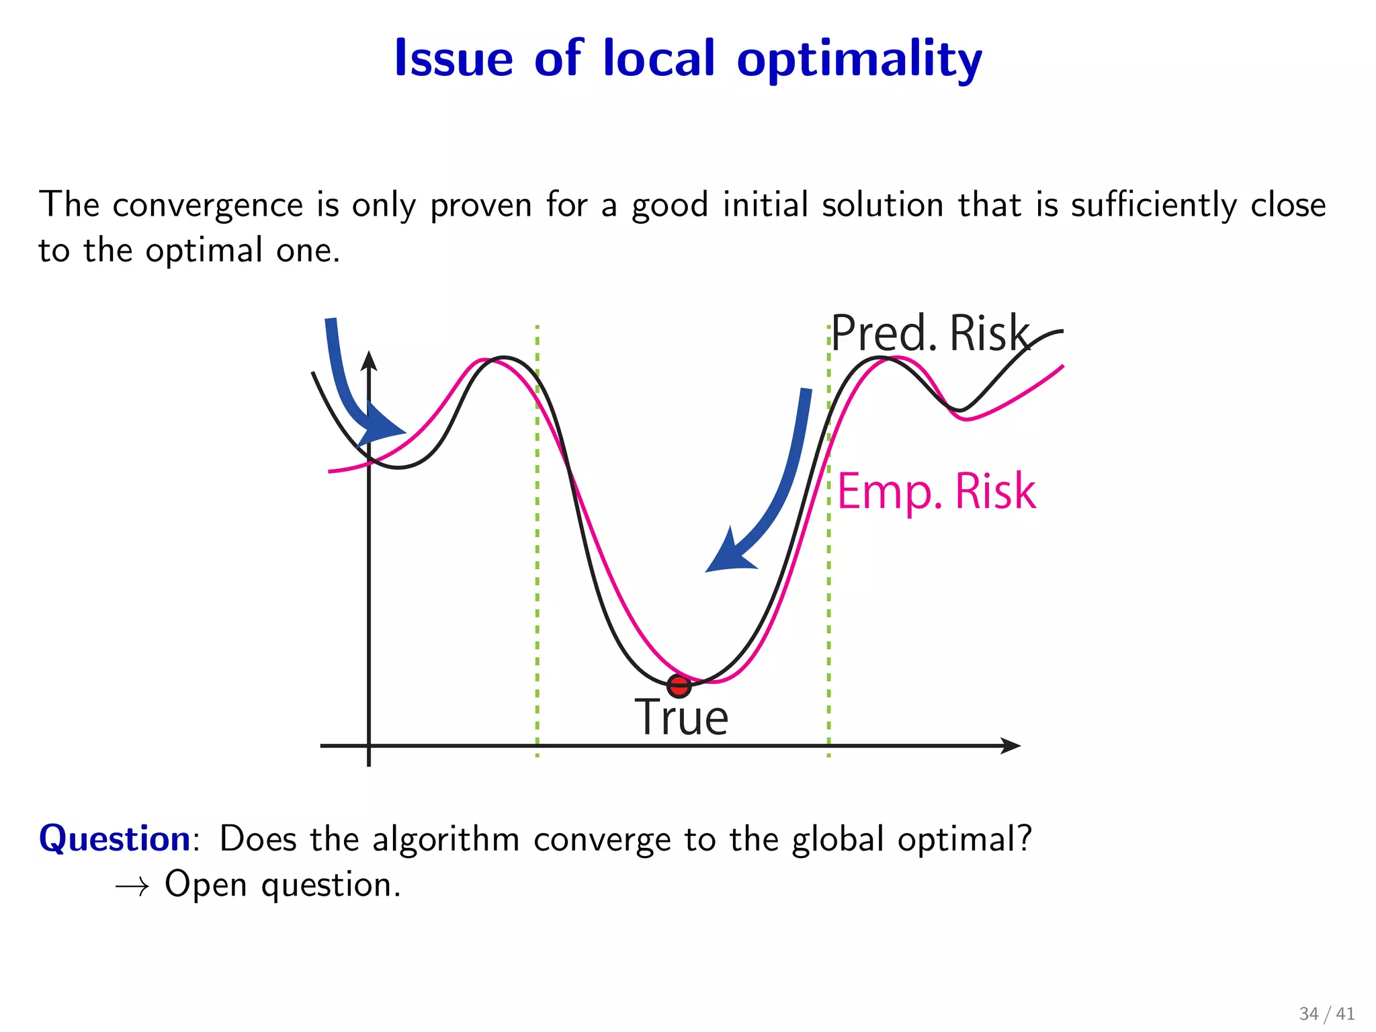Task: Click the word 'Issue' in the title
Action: (x=454, y=58)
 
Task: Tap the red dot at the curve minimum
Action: (x=679, y=686)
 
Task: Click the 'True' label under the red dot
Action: (x=681, y=718)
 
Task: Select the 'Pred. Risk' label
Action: (x=930, y=333)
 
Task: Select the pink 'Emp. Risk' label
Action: (x=937, y=491)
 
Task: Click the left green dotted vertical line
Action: (x=537, y=537)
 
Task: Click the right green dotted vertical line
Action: (x=828, y=605)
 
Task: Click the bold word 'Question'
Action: (x=115, y=839)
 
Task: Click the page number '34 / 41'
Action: (x=1326, y=1013)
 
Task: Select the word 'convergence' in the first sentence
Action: (x=208, y=205)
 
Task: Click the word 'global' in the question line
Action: (x=837, y=839)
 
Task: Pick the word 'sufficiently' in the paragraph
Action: (x=1153, y=205)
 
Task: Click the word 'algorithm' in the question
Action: (x=446, y=839)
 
